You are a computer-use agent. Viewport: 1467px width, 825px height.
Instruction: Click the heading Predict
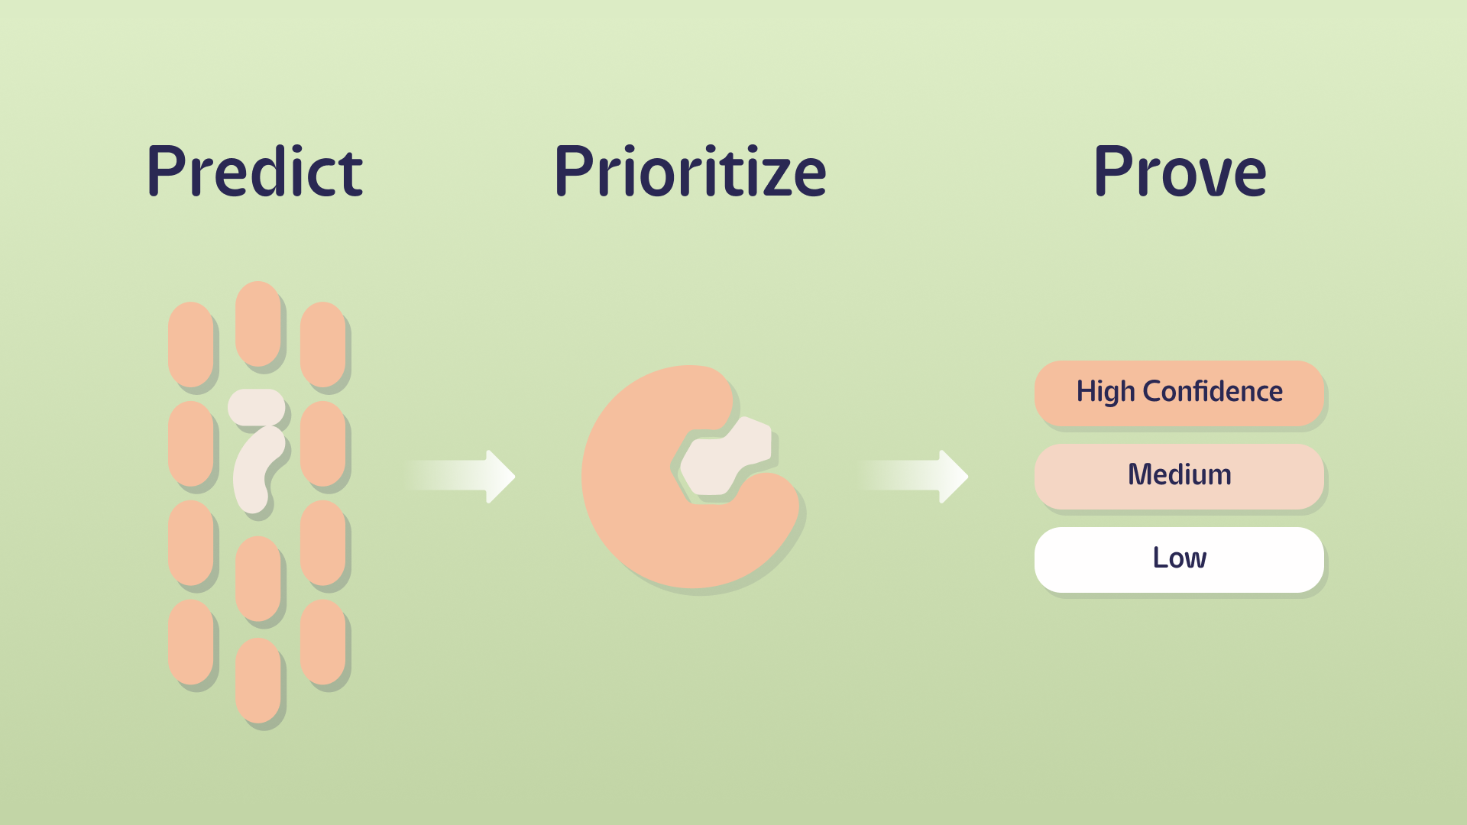[x=254, y=171]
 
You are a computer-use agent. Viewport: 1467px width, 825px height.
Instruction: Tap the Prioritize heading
[x=690, y=171]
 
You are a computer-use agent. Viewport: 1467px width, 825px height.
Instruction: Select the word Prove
[x=1180, y=171]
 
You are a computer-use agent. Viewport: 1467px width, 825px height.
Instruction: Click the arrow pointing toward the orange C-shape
[x=463, y=476]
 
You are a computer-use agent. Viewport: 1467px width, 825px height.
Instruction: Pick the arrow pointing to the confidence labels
[x=916, y=476]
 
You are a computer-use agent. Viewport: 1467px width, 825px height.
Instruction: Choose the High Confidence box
[x=1179, y=393]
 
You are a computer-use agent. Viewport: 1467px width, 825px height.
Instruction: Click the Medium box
[x=1179, y=475]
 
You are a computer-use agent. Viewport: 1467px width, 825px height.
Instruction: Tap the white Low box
[x=1179, y=558]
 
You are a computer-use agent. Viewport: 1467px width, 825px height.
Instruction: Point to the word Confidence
[x=1213, y=391]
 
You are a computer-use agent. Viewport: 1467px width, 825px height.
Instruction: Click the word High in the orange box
[x=1106, y=392]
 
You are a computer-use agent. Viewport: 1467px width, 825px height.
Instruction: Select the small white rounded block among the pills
[x=257, y=407]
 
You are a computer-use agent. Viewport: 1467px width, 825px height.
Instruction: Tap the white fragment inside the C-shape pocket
[x=722, y=458]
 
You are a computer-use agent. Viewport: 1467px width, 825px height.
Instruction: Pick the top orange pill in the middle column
[x=257, y=324]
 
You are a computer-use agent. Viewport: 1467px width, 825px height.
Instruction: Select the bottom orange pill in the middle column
[x=257, y=680]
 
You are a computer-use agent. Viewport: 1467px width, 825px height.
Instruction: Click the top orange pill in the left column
[x=190, y=344]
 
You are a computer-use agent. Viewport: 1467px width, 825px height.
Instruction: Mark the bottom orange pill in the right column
[x=322, y=642]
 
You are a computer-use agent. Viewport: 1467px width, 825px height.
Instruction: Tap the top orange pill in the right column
[x=322, y=344]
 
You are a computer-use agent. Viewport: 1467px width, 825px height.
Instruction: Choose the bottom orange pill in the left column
[x=190, y=642]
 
